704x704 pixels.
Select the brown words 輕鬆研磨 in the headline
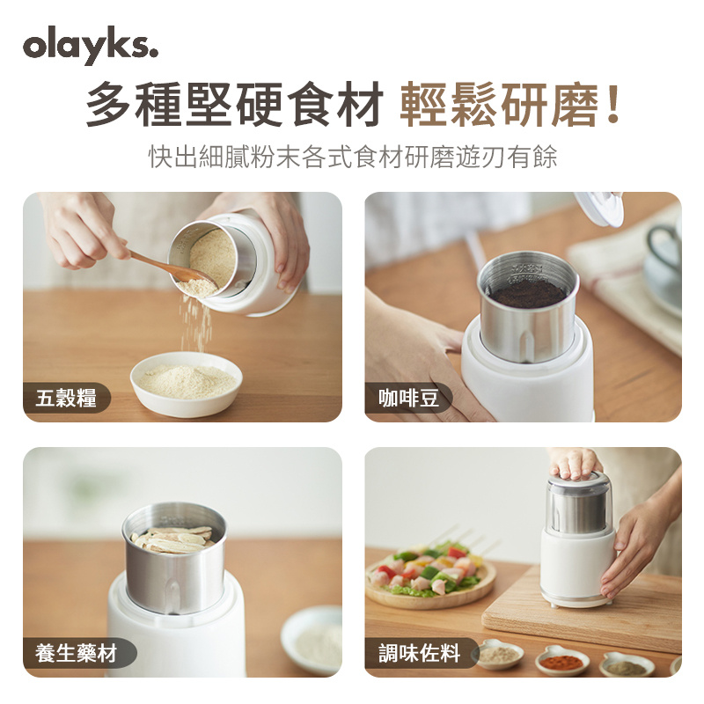(499, 104)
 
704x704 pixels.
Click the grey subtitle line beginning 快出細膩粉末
(353, 157)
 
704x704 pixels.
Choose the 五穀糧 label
(65, 398)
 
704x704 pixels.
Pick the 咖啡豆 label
(407, 398)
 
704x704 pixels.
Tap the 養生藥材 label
(76, 653)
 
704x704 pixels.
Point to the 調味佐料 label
(419, 653)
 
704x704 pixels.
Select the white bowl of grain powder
(187, 384)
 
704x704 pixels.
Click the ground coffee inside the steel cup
(527, 295)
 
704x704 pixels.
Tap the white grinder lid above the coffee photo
(599, 208)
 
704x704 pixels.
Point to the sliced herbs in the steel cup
(172, 539)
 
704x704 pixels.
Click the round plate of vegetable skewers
(430, 577)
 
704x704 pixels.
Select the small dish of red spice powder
(562, 661)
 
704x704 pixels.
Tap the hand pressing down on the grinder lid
(574, 463)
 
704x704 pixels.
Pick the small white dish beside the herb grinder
(312, 641)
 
